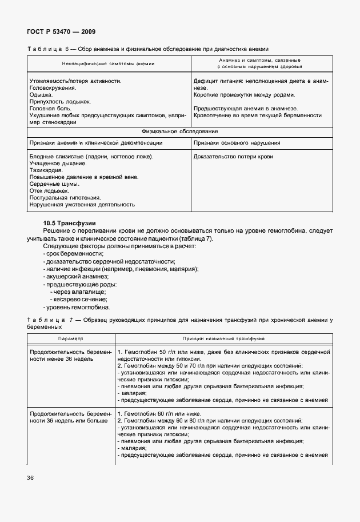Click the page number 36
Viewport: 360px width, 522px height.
point(29,477)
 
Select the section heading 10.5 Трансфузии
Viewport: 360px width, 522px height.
point(69,222)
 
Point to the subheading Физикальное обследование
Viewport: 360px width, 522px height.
point(178,131)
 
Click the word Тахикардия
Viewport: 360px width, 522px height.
point(46,170)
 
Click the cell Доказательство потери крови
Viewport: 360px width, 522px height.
point(233,156)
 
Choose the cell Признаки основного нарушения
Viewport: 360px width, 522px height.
point(237,142)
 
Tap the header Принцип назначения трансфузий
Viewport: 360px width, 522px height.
point(223,338)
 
